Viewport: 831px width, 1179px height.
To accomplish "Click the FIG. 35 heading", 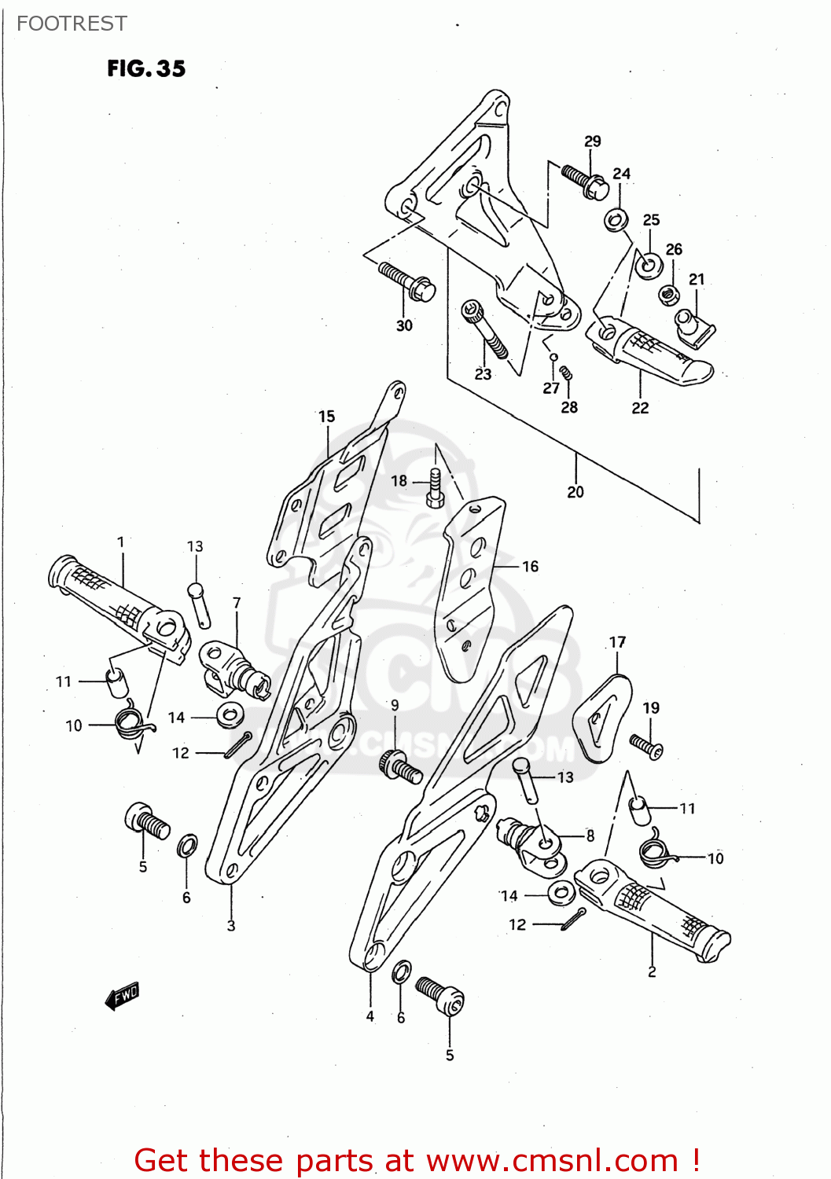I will [146, 68].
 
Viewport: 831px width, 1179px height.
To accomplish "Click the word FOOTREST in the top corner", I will [72, 24].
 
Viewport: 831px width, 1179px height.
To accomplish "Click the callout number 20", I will [575, 492].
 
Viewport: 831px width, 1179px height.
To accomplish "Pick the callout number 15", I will [326, 417].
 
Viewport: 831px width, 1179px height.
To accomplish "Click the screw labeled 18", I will [435, 487].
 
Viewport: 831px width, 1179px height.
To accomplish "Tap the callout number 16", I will [530, 566].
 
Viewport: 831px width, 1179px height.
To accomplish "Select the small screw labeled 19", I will [646, 746].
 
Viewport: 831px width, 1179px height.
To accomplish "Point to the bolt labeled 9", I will [400, 766].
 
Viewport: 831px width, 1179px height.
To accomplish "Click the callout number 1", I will [120, 542].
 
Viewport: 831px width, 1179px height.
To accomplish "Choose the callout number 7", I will [237, 603].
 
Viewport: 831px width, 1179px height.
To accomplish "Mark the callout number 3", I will [231, 926].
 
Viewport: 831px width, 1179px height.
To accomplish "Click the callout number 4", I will [370, 1016].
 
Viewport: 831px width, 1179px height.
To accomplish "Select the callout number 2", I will [652, 972].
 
